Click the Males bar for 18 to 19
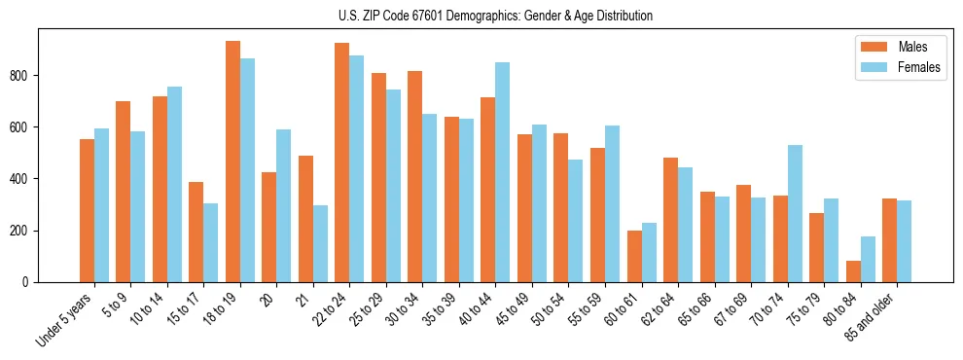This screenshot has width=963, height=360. (232, 162)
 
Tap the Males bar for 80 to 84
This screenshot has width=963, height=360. (854, 271)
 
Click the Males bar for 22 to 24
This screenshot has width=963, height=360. (342, 162)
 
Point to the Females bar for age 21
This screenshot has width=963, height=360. (320, 243)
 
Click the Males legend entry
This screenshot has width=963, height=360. (895, 47)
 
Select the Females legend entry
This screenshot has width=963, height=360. (900, 69)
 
